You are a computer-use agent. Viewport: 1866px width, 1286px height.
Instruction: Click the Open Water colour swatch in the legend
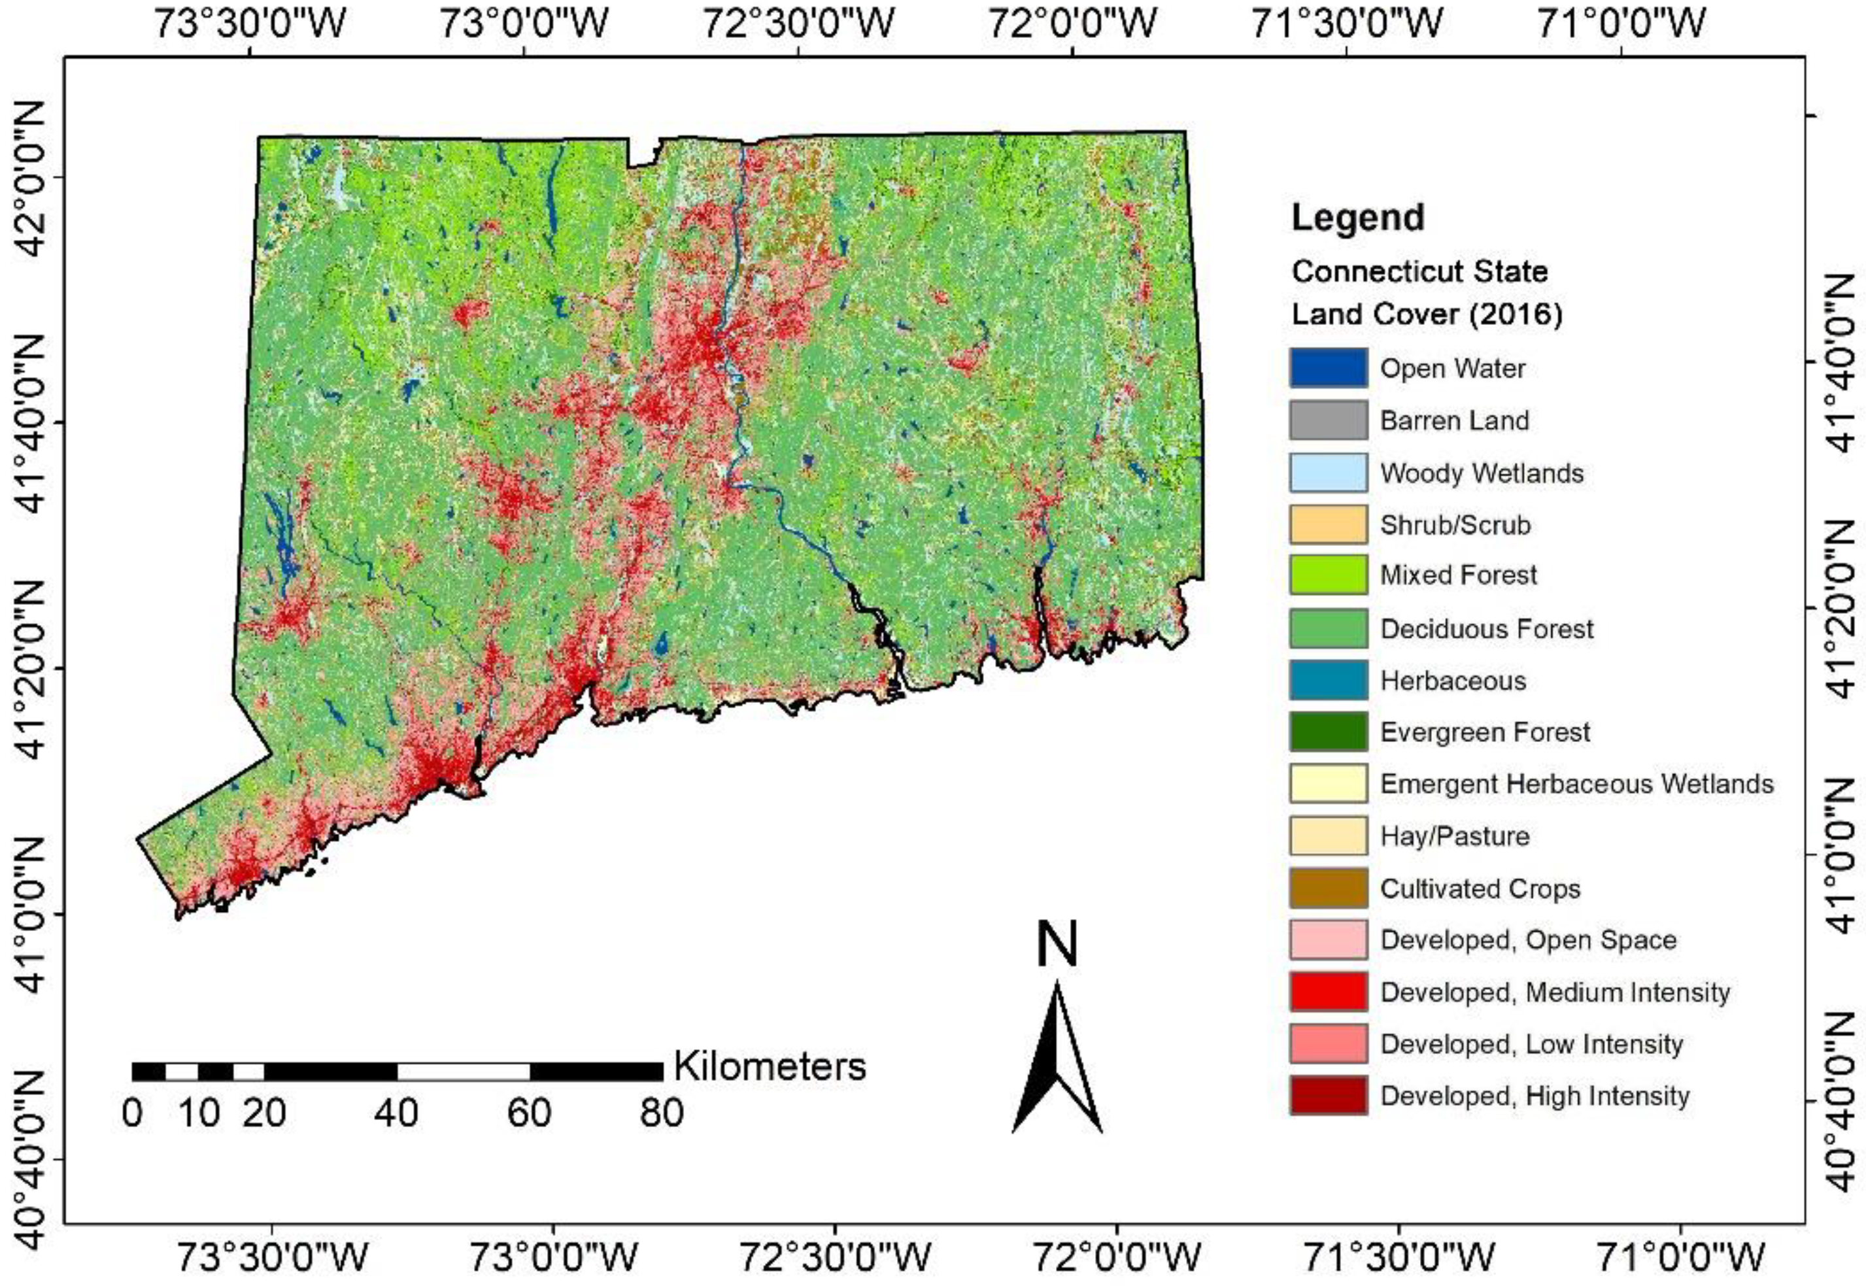pos(1327,368)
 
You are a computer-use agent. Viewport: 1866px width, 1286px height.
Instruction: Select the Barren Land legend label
pos(1453,420)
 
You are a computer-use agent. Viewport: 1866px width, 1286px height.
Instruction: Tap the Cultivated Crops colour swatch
pos(1327,888)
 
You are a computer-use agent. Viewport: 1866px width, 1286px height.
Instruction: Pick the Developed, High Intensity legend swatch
pos(1327,1096)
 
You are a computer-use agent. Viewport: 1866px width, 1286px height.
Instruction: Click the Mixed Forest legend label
pos(1457,575)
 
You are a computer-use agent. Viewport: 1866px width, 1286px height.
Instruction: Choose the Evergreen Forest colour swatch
pos(1327,732)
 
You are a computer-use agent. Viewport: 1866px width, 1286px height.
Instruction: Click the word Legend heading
pos(1357,218)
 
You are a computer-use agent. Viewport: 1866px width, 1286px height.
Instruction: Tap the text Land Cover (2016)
pos(1426,315)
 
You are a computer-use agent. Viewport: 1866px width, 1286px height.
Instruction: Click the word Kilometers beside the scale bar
pos(770,1066)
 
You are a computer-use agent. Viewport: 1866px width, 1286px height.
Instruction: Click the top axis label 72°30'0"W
pos(798,24)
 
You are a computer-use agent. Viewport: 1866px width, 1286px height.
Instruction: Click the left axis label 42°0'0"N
pos(32,178)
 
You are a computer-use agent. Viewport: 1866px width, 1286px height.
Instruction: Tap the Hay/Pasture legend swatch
pos(1327,836)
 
